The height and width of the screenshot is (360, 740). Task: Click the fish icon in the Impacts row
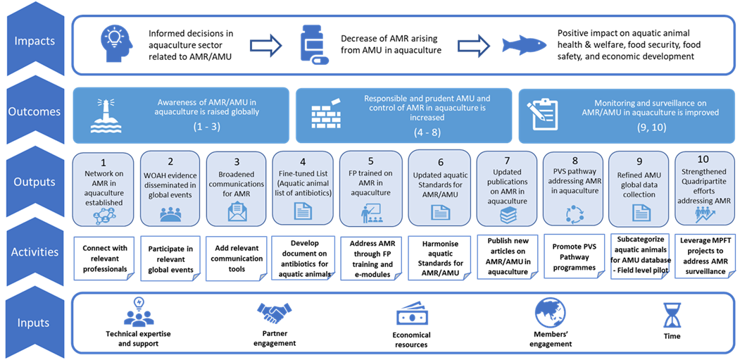(x=519, y=45)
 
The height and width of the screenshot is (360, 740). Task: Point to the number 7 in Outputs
(x=509, y=159)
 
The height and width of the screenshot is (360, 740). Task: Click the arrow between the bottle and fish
(x=475, y=45)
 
